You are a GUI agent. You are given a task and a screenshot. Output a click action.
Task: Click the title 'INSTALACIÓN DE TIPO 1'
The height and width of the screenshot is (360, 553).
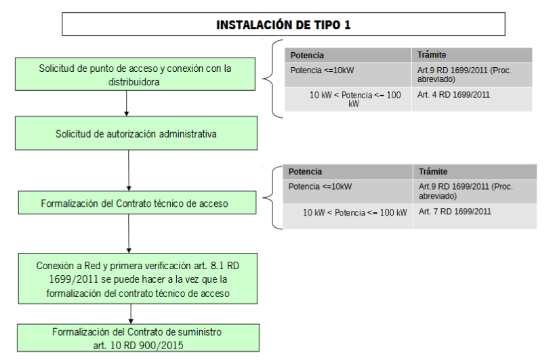283,24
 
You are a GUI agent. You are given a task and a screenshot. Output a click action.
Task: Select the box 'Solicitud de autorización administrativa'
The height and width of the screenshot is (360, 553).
136,134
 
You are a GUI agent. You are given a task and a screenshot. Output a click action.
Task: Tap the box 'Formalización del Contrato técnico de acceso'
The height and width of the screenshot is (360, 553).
137,203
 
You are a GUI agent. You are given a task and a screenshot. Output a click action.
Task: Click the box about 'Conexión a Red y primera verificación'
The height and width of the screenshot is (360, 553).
138,279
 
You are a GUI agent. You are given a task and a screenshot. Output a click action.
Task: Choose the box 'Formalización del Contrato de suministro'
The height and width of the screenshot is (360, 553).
138,338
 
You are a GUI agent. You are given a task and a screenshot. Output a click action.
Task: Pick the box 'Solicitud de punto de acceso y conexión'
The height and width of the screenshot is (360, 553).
135,74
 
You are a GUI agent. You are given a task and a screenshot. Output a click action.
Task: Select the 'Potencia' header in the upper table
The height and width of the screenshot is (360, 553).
307,56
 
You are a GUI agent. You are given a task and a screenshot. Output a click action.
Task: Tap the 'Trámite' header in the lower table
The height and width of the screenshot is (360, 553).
433,172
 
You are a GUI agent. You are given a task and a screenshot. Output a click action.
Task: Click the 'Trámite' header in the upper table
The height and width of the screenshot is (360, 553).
432,55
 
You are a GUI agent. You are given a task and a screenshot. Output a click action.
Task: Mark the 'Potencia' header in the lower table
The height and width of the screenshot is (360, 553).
305,172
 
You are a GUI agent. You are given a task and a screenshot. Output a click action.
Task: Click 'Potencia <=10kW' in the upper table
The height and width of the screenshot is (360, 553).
322,71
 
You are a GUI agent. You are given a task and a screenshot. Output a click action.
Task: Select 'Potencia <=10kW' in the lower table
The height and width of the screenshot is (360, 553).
320,186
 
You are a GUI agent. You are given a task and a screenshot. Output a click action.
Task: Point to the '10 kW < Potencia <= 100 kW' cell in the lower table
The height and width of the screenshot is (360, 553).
355,212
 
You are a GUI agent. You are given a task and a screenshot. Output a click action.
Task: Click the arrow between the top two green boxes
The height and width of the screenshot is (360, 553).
126,104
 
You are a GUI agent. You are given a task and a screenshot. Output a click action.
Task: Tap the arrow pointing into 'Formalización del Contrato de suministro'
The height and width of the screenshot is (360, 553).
131,314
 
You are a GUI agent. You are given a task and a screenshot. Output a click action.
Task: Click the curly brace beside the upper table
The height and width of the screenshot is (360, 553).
272,79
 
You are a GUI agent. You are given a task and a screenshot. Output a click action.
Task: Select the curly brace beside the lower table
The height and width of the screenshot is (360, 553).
273,198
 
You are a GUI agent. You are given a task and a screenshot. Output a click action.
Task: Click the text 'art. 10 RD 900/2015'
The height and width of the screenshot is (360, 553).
138,345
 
